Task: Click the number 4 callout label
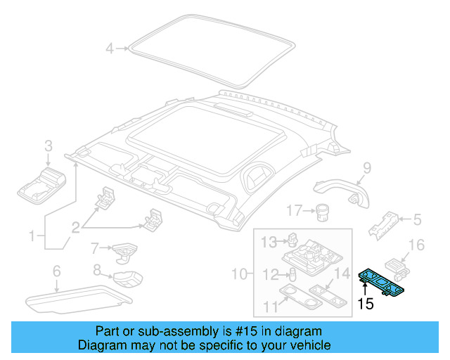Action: click(109, 49)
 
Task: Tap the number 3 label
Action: click(48, 146)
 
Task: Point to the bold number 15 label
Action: click(365, 304)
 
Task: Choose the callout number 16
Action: click(417, 245)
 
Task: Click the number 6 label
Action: click(56, 271)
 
